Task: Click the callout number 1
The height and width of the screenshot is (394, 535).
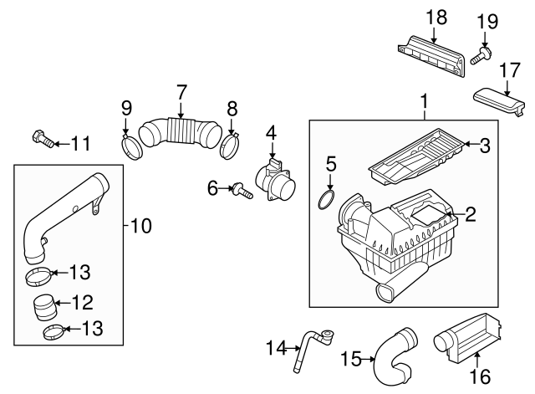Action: tap(424, 104)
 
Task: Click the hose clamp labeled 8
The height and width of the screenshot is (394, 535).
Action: tap(232, 147)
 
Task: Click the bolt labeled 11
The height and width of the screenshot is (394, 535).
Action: tap(44, 140)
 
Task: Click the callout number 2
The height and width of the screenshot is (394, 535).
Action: tap(470, 215)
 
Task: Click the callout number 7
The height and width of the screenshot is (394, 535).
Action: tap(180, 90)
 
